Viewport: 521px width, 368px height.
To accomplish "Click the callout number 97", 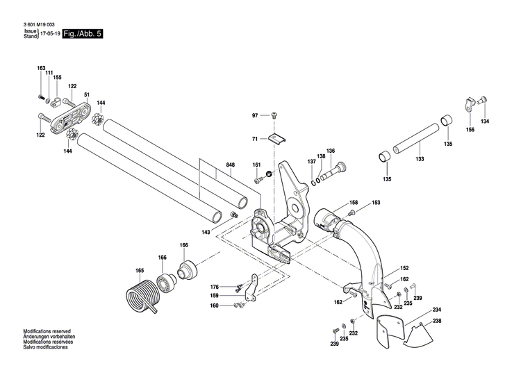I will click(x=255, y=115).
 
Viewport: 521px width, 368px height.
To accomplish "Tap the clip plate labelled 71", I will click(x=280, y=138).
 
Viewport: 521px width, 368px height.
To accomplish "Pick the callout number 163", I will click(x=41, y=67).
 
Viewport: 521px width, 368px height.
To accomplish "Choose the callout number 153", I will click(x=376, y=203).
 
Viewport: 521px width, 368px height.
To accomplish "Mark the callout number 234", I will click(x=436, y=310).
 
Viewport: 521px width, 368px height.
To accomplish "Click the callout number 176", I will click(x=215, y=287).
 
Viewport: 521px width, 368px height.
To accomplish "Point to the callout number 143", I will click(x=206, y=232).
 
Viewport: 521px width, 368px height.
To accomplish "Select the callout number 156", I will click(x=470, y=130).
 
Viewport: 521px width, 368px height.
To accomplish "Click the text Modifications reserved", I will click(x=47, y=333).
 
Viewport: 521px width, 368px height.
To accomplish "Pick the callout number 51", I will click(x=87, y=94).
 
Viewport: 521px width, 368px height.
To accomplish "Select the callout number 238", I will click(x=436, y=321).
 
